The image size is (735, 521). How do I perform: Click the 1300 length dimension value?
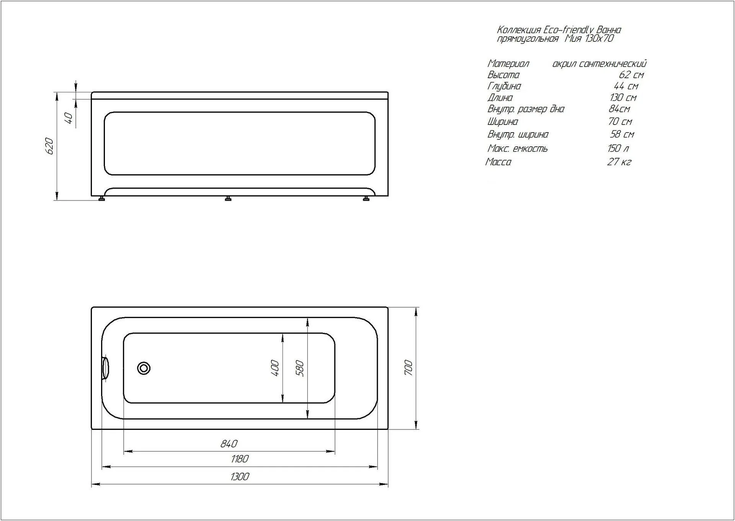click(x=240, y=477)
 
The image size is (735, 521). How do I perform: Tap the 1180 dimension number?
click(x=240, y=459)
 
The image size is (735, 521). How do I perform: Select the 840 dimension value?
click(x=229, y=444)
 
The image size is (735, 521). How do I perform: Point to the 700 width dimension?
click(x=408, y=368)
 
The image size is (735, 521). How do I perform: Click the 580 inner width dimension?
click(x=300, y=369)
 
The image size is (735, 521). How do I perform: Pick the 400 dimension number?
click(x=274, y=368)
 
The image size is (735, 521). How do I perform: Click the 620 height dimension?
click(x=49, y=146)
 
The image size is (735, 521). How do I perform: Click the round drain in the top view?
click(x=144, y=368)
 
